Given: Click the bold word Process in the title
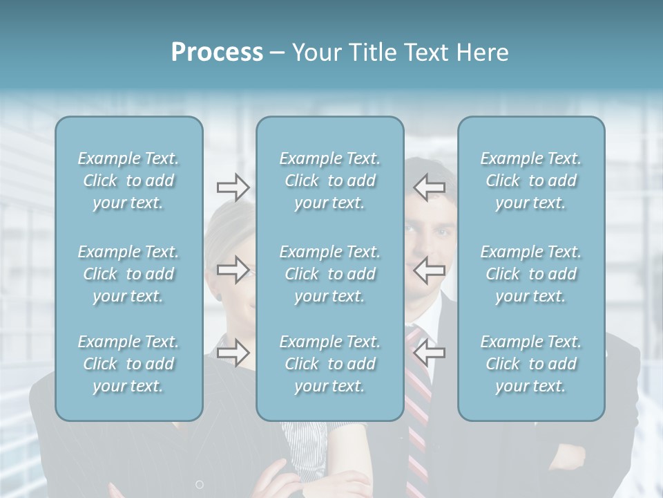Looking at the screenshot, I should (217, 53).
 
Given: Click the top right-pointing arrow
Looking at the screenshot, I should (233, 187).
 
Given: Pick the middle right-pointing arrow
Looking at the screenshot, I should (233, 270).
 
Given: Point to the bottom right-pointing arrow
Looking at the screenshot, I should (233, 353).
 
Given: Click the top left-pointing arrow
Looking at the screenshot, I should (429, 187).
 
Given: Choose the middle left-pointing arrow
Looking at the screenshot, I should (429, 270).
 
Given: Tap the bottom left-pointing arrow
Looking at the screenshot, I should (429, 353).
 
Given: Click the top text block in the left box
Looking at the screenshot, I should (128, 181).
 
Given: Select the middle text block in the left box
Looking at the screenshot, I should (128, 274).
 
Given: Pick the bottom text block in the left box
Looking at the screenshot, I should (128, 364).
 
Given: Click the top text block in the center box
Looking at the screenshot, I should (330, 181).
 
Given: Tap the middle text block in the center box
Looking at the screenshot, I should (330, 274).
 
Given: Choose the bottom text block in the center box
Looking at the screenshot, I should (330, 364).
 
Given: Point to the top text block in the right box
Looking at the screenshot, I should (531, 181).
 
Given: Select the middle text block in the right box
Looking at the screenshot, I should (531, 274).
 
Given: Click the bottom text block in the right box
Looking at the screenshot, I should (531, 364).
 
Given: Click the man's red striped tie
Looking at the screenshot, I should (418, 443).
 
